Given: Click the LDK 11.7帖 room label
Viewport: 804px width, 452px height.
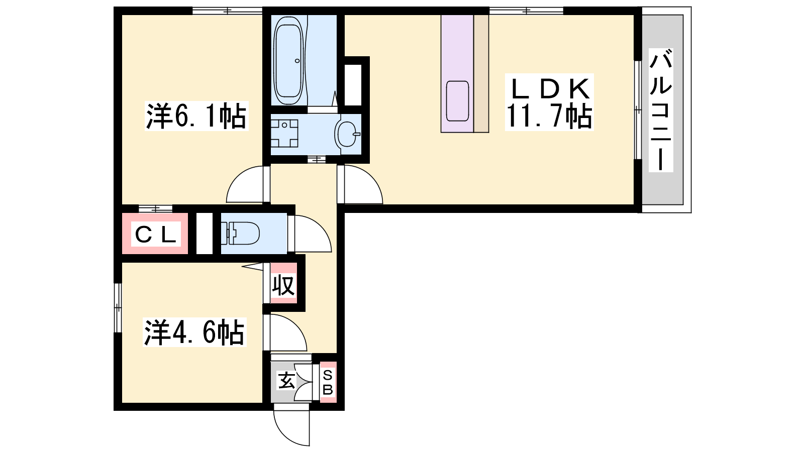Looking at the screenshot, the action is (x=549, y=102).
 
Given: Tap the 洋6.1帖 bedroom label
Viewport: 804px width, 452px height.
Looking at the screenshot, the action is (x=196, y=116).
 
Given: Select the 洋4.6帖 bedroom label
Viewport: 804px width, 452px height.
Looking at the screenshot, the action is (x=195, y=332).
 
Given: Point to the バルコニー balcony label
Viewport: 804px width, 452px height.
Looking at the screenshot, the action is (x=661, y=110).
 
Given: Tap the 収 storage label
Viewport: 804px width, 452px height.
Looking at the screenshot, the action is (x=283, y=286).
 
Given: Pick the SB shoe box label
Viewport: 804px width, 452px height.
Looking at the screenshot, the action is (x=328, y=382).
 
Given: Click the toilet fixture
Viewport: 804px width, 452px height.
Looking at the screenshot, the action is (x=240, y=233).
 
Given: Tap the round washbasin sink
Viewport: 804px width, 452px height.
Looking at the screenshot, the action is (x=347, y=134).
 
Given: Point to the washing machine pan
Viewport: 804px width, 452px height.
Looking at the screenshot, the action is (x=284, y=134).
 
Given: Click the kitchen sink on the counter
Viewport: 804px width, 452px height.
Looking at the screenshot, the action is (x=457, y=101).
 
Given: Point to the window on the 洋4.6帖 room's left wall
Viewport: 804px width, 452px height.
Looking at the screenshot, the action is (x=118, y=307).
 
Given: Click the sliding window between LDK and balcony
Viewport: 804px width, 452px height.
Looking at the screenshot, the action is (x=638, y=110).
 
